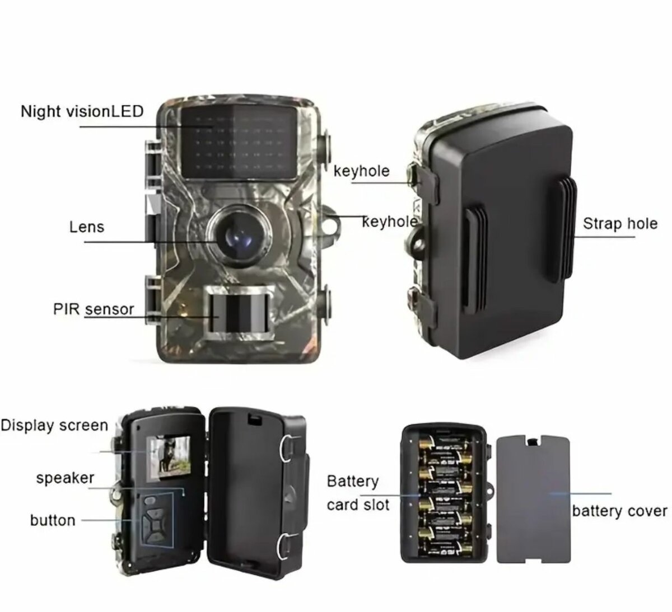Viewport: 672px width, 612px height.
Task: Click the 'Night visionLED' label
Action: tap(82, 111)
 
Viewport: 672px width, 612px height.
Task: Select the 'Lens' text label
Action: tap(87, 227)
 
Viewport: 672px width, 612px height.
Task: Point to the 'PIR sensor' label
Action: tap(94, 309)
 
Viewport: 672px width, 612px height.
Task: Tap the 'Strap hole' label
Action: tap(620, 224)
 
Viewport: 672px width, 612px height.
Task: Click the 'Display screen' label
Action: tap(54, 425)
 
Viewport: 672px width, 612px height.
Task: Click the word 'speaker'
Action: tap(65, 478)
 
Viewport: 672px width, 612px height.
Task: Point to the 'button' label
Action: tap(53, 520)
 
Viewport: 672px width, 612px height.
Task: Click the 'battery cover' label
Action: tap(619, 511)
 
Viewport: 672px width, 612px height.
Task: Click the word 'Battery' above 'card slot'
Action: tap(353, 481)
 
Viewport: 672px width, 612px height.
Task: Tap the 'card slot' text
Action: tap(358, 505)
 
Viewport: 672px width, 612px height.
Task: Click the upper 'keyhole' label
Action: tap(361, 171)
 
